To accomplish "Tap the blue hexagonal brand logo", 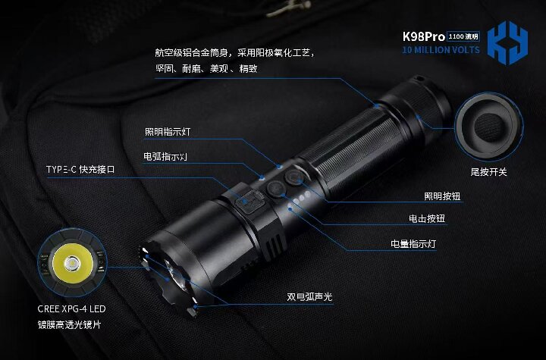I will pos(507,42).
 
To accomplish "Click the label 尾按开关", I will pos(488,172).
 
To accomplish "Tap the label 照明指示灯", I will pos(168,132).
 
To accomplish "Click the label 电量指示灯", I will pos(413,245).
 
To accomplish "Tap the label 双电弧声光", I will pos(309,297).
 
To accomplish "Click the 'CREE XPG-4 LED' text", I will pos(71,309).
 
